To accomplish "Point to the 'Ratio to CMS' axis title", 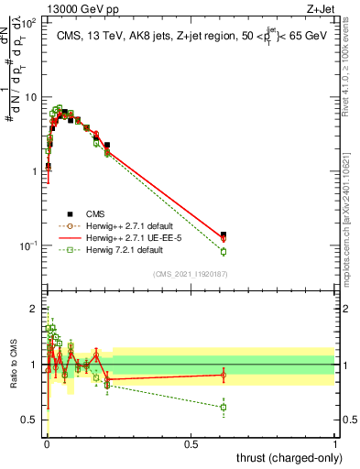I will click(x=13, y=365).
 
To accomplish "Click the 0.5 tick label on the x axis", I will click(x=191, y=443).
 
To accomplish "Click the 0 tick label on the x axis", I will click(x=47, y=443).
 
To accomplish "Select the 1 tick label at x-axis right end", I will click(x=335, y=443).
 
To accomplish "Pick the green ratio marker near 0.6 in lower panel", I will click(x=224, y=407).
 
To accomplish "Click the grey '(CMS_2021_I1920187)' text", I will click(x=190, y=273).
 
